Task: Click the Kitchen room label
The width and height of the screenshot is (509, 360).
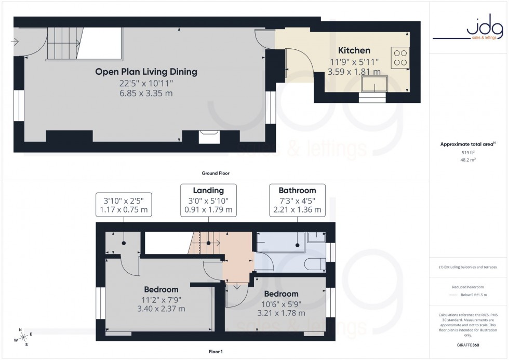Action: point(354,50)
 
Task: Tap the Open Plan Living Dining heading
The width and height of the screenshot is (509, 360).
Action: point(146,72)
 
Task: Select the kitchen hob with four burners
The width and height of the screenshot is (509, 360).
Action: point(401,57)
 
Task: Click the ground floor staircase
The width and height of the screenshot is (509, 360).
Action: point(65,44)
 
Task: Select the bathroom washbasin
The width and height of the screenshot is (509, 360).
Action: point(316,238)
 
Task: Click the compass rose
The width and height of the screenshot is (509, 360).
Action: point(22,337)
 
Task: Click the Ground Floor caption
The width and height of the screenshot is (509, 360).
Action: point(216,173)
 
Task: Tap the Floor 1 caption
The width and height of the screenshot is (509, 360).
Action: point(215,352)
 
